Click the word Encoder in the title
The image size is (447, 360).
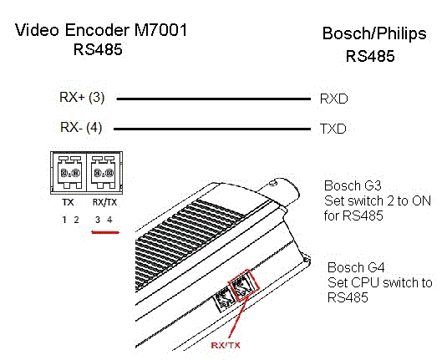tap(97, 30)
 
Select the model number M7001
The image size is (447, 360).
tap(160, 30)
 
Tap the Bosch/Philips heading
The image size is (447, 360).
tap(374, 34)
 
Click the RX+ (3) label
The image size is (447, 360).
tap(82, 98)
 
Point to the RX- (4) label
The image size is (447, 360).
tap(81, 128)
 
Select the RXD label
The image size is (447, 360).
tap(334, 99)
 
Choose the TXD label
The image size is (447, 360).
tap(333, 129)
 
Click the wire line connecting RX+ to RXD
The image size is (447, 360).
tap(214, 99)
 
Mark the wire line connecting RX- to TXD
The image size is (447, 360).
tap(212, 129)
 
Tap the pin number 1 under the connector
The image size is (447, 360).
tap(64, 220)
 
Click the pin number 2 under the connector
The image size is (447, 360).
tap(76, 220)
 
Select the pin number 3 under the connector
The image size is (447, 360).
tap(98, 220)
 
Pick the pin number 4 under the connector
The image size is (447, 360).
tap(109, 220)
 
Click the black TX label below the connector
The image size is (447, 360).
tap(69, 202)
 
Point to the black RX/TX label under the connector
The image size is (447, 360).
tap(105, 202)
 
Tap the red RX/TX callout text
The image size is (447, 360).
tap(226, 345)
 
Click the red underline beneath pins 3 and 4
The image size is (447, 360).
tap(105, 232)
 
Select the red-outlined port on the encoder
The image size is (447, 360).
tap(244, 285)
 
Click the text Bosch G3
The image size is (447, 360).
tap(353, 185)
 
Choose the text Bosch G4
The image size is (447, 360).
tap(356, 267)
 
